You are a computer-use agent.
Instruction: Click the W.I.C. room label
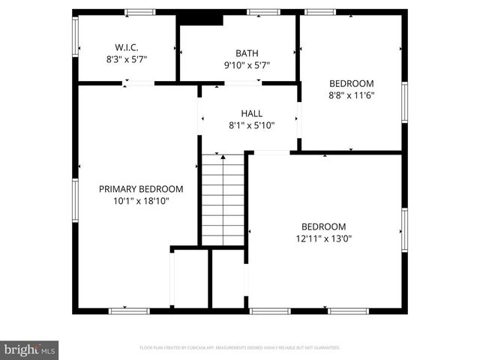(126, 47)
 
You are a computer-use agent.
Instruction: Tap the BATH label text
(247, 53)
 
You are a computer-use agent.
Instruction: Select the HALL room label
(251, 113)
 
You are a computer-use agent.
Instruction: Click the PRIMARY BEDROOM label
(141, 189)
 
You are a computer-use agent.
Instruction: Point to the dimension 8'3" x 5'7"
(126, 59)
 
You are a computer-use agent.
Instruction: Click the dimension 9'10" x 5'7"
(247, 65)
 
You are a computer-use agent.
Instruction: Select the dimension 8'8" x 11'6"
(352, 95)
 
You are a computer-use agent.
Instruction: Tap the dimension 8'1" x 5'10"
(251, 125)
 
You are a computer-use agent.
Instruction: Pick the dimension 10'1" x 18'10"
(141, 201)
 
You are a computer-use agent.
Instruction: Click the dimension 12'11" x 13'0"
(323, 238)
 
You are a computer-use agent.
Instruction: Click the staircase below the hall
(223, 199)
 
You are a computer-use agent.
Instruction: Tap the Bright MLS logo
(29, 349)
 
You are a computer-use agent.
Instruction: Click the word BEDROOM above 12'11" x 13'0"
(323, 226)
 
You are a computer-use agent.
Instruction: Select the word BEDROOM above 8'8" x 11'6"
(352, 83)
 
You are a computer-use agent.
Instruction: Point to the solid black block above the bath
(202, 19)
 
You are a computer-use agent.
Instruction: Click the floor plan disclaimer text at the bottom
(240, 348)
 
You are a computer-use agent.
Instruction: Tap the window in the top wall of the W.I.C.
(139, 12)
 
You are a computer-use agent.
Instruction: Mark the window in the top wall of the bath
(263, 12)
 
